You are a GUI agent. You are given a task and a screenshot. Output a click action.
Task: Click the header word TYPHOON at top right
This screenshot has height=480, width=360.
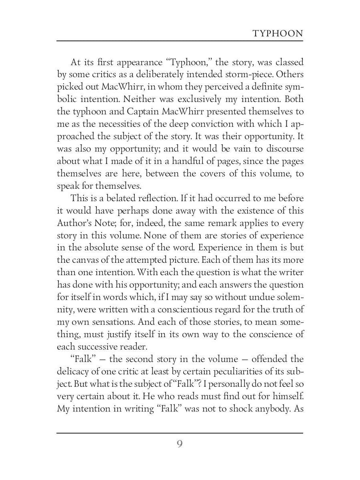[x=278, y=34]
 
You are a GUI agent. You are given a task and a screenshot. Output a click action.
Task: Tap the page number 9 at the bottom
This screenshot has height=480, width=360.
[x=180, y=444]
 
